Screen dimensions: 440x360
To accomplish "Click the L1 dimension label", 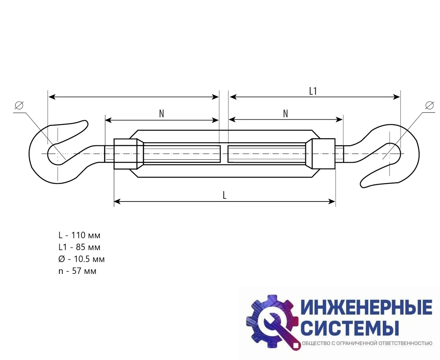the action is [x=313, y=91].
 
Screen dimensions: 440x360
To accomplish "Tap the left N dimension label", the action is [x=162, y=114].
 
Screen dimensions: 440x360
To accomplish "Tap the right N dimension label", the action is [x=285, y=114].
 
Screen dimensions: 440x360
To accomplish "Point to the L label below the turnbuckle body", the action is [x=224, y=195].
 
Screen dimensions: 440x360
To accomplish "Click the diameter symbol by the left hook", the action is [x=19, y=105].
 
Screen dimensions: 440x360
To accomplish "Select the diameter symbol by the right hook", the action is [x=429, y=105].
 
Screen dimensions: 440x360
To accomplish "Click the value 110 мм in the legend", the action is [x=86, y=235].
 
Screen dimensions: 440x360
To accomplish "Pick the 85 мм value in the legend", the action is [x=88, y=247].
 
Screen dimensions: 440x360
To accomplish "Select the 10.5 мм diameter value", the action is [x=89, y=259].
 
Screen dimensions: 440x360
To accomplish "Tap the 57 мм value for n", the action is [x=84, y=271].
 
